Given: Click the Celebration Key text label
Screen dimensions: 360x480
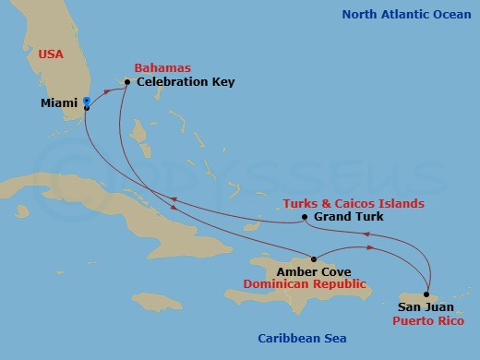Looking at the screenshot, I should (x=186, y=82).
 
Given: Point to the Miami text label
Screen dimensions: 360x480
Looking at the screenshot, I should (x=59, y=103).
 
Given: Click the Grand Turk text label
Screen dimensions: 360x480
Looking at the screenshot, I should (x=348, y=218).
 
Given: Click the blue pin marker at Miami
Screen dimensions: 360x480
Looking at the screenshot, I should (x=86, y=101).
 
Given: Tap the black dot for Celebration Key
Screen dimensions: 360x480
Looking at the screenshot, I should (x=127, y=82).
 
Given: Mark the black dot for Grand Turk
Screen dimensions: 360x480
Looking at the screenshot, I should (x=306, y=219).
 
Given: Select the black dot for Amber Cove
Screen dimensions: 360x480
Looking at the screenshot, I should (x=315, y=259).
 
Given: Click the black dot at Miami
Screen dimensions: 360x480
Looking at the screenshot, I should (x=86, y=108).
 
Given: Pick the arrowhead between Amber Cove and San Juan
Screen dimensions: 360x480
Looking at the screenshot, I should (x=370, y=247).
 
